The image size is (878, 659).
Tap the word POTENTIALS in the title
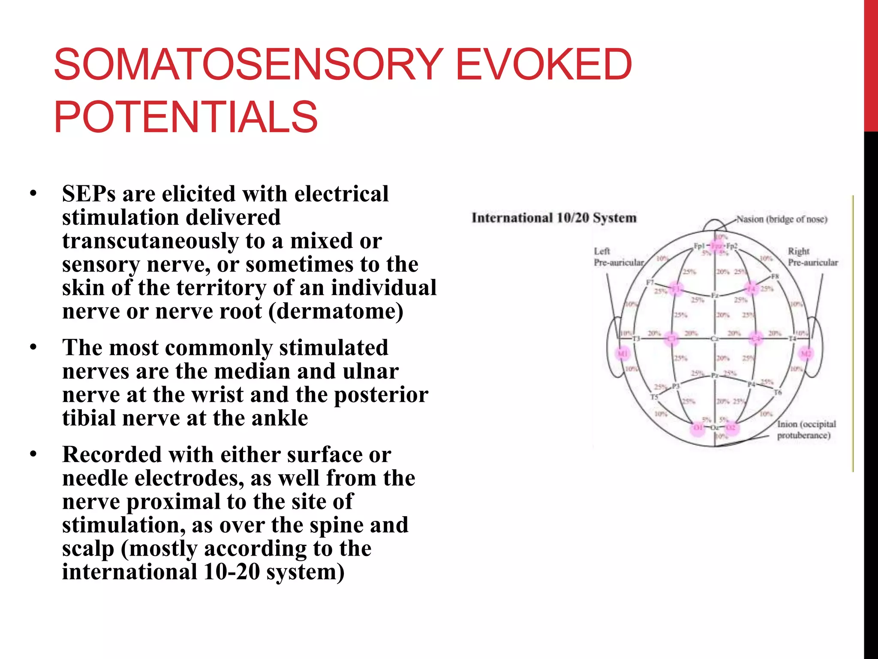tap(186, 117)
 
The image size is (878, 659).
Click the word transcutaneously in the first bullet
tap(150, 241)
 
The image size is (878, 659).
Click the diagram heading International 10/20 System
tap(554, 218)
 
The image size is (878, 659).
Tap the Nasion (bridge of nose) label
tap(782, 219)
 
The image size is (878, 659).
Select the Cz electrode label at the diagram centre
tap(715, 339)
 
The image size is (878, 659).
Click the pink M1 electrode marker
tap(622, 354)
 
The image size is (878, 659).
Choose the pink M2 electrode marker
tap(806, 354)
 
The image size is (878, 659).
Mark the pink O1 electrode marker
tap(698, 428)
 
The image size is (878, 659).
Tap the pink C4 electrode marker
tap(756, 339)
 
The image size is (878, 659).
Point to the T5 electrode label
tap(654, 397)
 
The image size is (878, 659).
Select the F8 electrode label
tap(775, 276)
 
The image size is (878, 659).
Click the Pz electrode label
tap(715, 375)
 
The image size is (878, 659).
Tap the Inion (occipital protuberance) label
tap(806, 429)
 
